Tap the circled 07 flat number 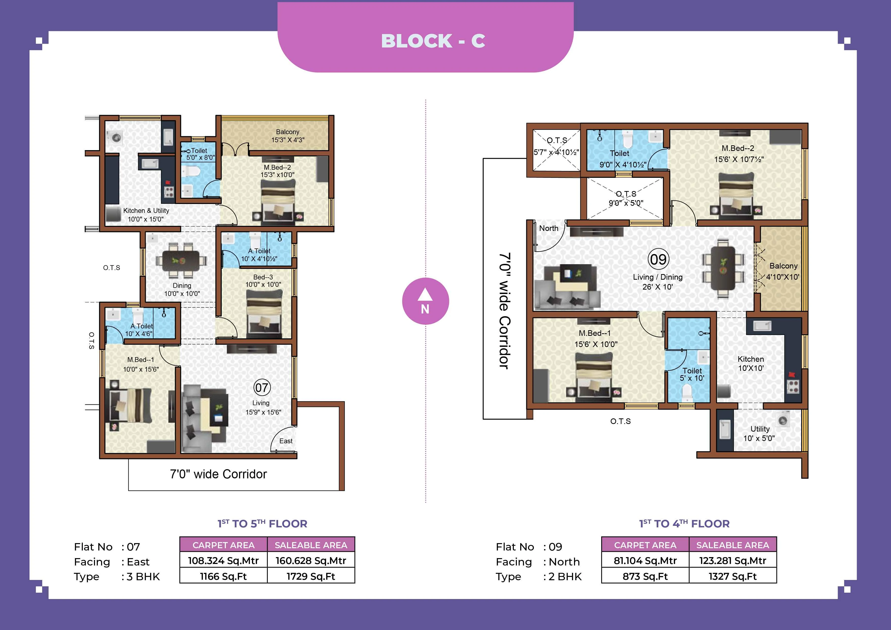click(x=262, y=387)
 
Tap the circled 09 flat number click(x=658, y=259)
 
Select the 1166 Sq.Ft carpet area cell click(x=223, y=576)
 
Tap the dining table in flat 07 click(x=181, y=260)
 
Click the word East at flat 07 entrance click(x=286, y=441)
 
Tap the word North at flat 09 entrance click(x=548, y=228)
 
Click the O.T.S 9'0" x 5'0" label click(x=626, y=198)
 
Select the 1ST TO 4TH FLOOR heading click(x=684, y=524)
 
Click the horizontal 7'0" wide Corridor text click(x=218, y=474)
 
